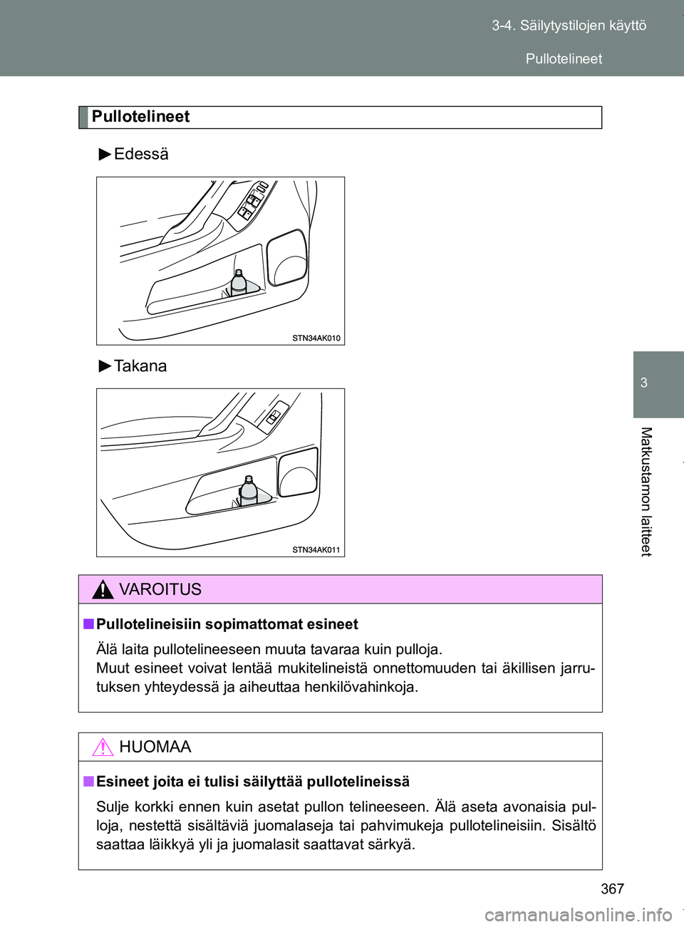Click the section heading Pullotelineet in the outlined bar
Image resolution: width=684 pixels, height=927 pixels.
click(x=140, y=117)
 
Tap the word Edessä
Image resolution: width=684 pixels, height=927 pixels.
click(x=141, y=154)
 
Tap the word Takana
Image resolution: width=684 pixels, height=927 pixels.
click(x=140, y=366)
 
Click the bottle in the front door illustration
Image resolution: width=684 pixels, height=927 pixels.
click(x=239, y=282)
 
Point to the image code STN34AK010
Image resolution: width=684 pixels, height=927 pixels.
click(x=316, y=338)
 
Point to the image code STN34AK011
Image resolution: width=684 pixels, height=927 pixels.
click(x=316, y=549)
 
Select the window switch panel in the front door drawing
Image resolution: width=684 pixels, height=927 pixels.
click(x=253, y=200)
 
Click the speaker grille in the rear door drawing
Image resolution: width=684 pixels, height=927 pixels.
click(x=298, y=472)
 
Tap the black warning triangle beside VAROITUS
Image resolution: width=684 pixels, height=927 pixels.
click(x=103, y=590)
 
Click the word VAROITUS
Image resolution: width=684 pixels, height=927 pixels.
click(x=160, y=589)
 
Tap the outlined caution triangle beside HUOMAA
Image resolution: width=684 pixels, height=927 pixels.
click(x=103, y=747)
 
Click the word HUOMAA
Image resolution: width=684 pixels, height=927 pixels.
click(x=155, y=747)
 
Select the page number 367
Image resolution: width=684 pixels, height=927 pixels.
click(x=612, y=889)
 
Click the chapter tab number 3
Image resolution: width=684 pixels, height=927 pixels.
click(x=644, y=383)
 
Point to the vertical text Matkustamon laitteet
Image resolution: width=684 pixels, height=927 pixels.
click(x=646, y=491)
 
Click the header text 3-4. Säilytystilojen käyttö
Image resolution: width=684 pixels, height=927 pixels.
click(x=569, y=26)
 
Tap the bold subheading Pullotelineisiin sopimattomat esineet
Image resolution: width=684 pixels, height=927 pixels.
click(x=227, y=624)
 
